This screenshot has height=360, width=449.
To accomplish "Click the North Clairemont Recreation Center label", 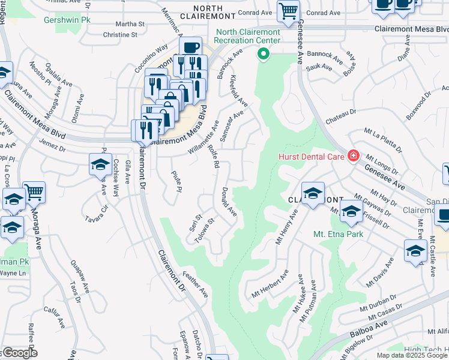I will (x=248, y=36).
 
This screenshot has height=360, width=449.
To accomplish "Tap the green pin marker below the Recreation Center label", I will (x=262, y=55).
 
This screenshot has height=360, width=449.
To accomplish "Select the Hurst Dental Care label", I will (x=311, y=157).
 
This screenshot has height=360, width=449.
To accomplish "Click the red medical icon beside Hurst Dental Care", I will (x=353, y=157).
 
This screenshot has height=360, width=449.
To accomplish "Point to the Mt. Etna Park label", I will (x=338, y=234).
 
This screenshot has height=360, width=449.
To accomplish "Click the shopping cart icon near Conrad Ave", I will (x=288, y=10).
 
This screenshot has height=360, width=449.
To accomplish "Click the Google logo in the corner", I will (x=19, y=353).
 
